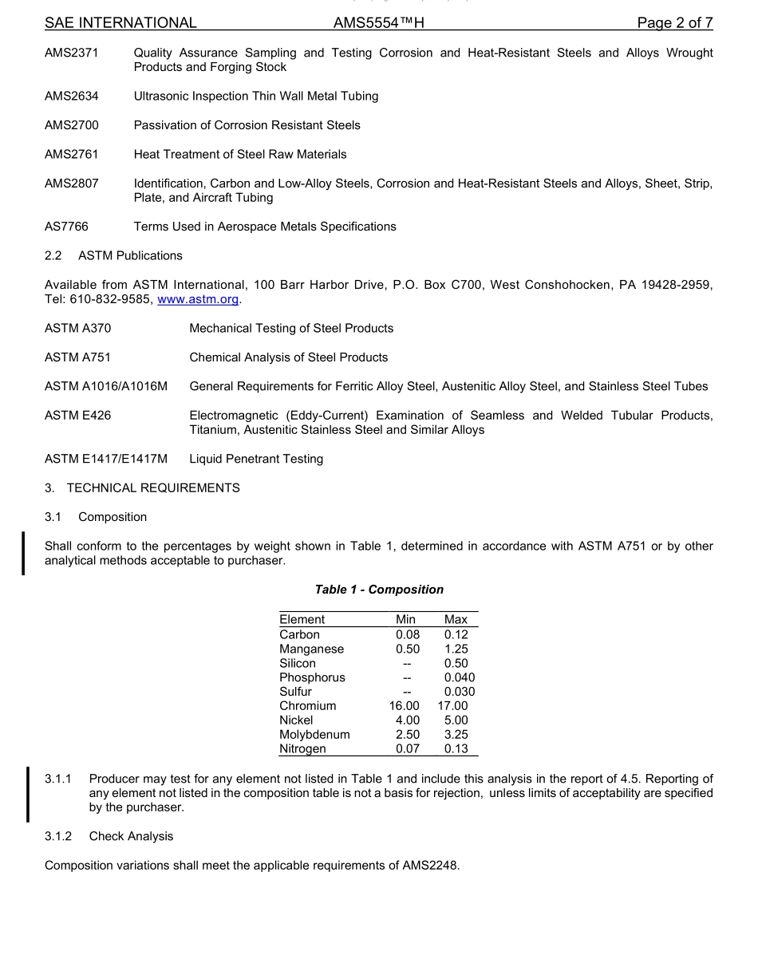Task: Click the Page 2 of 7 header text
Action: (674, 23)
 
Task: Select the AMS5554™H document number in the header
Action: (378, 23)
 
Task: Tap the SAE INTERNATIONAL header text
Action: (120, 23)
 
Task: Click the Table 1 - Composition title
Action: (379, 590)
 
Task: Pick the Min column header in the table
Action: (405, 619)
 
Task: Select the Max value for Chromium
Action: (452, 706)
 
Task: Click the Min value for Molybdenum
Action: (407, 735)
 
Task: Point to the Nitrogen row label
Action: (302, 749)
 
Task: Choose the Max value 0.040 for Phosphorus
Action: (459, 677)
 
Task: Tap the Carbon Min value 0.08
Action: (407, 634)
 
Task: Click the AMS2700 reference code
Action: (72, 125)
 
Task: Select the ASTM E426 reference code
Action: (77, 416)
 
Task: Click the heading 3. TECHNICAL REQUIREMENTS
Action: (142, 487)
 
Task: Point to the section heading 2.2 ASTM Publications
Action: (113, 256)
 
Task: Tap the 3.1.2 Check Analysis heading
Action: (109, 836)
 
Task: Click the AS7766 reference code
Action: (66, 227)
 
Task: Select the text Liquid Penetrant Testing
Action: (256, 459)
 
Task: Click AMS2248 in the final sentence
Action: (431, 866)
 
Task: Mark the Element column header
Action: (302, 619)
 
